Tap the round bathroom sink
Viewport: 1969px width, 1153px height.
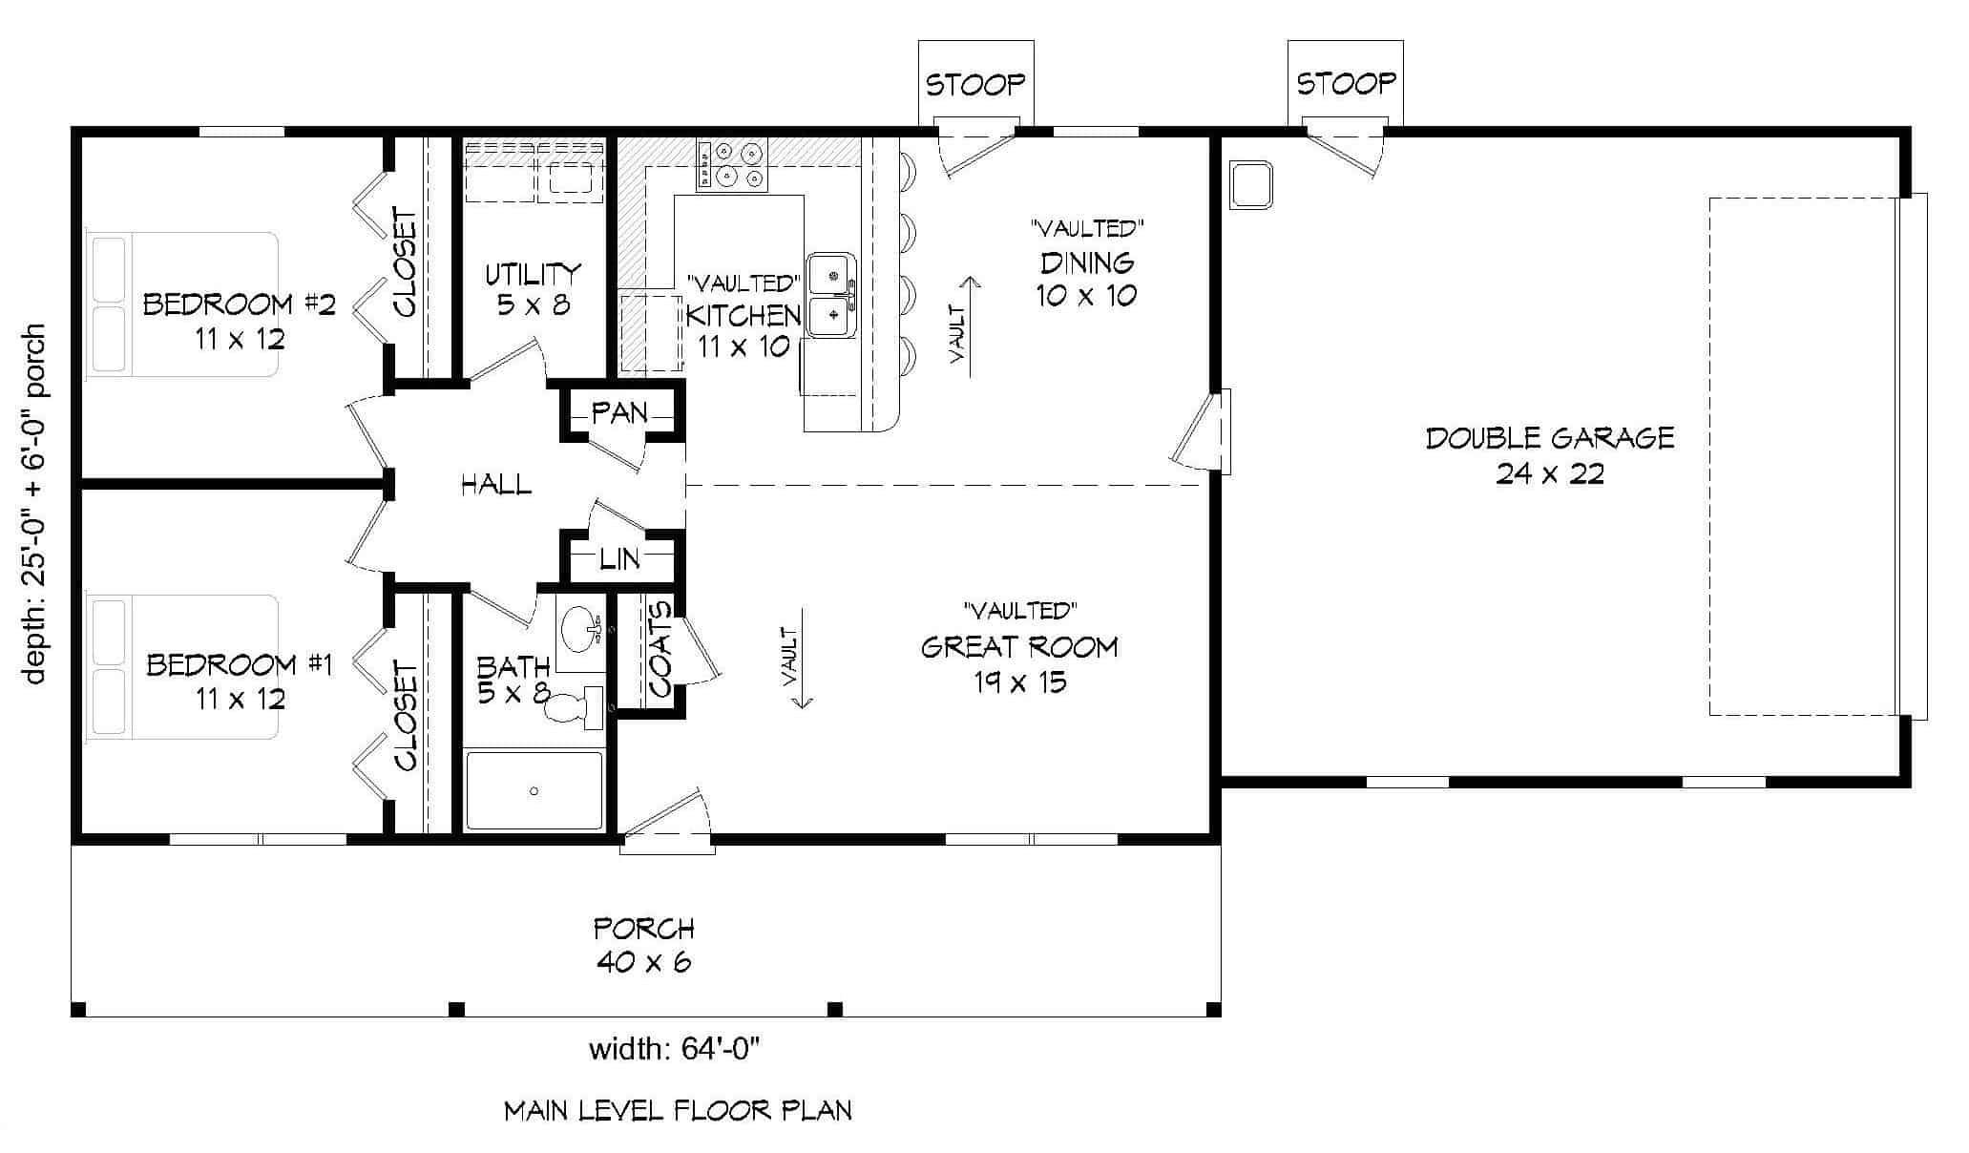[x=579, y=629]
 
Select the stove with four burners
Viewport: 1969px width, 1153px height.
[x=731, y=164]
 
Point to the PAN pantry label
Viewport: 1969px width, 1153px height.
[x=619, y=413]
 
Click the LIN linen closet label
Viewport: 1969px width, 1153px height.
[x=619, y=558]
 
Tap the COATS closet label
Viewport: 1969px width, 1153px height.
[x=660, y=648]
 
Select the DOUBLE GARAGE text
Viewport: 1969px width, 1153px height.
[x=1549, y=438]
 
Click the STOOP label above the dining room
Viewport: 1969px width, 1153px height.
[x=975, y=85]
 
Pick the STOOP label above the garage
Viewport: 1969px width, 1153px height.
[x=1345, y=84]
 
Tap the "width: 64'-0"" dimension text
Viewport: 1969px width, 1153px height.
[x=675, y=1050]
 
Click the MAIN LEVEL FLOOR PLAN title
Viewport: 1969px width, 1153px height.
[x=678, y=1110]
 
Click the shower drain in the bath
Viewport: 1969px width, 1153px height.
[x=534, y=791]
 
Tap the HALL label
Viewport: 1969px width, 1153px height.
[x=496, y=485]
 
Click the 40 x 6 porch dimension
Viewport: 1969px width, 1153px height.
[x=644, y=961]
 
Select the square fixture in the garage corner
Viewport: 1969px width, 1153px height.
[x=1252, y=185]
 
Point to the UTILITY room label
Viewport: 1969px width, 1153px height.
[x=533, y=274]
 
